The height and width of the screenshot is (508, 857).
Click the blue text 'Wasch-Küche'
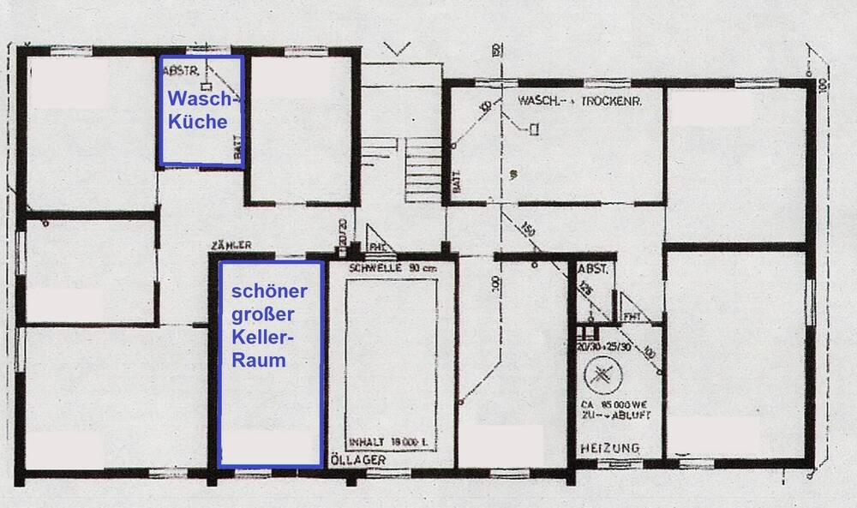(x=200, y=108)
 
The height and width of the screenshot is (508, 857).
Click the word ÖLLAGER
(x=358, y=460)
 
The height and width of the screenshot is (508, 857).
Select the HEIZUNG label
(x=609, y=448)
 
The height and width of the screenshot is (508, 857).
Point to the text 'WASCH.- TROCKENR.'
(x=579, y=101)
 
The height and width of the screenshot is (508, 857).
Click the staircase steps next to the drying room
(x=422, y=162)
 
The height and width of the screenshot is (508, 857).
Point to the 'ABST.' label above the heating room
(x=593, y=268)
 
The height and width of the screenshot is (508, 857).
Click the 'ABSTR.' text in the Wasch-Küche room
(x=176, y=71)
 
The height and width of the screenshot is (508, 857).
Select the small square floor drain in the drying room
(x=535, y=128)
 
